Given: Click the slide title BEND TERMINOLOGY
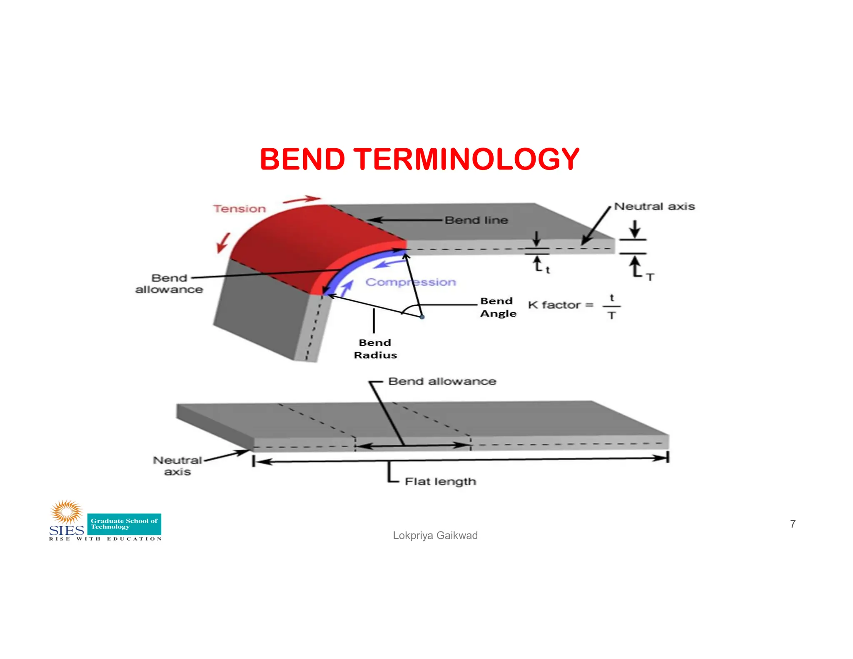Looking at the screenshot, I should point(419,159).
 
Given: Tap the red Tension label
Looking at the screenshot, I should point(239,209).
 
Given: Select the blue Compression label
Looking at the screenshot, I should point(411,282).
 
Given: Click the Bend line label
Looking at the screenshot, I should point(476,220).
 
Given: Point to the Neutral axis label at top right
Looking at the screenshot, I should point(654,206).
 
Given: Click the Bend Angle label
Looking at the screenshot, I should point(498,307).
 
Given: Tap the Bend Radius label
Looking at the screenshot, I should point(375,349).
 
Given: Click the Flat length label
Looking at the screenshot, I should point(440,482).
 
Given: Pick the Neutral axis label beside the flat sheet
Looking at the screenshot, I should point(177,466).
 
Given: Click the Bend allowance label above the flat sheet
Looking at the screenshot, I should point(442,381).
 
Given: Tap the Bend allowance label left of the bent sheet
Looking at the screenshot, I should point(169,284).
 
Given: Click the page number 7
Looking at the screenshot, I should point(793,524).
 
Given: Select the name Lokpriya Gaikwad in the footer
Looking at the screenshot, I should point(435,535).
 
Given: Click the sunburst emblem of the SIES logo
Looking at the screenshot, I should point(67,512).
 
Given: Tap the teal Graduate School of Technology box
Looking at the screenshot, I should point(124,524).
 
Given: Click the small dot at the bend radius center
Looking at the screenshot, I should point(422,317).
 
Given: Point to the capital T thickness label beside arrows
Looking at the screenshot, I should point(650,277).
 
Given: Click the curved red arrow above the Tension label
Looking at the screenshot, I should point(302,200).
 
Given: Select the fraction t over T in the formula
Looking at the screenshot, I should point(611,307).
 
